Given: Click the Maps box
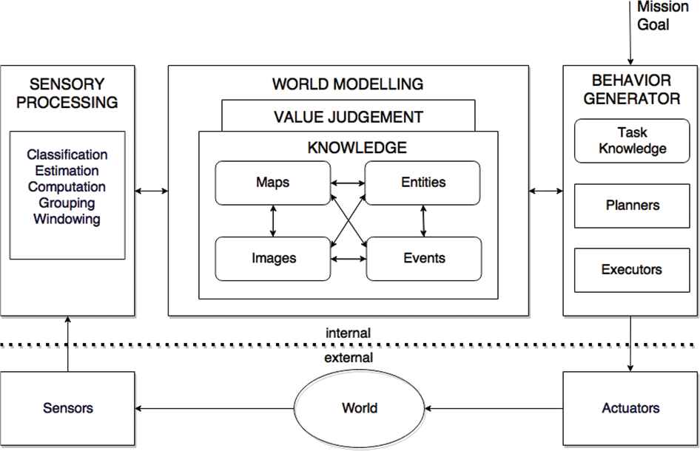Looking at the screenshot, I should [273, 183].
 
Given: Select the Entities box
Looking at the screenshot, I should [423, 183].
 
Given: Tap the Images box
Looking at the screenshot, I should [273, 258].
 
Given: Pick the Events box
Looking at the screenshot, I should [423, 258].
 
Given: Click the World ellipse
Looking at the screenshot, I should [360, 408].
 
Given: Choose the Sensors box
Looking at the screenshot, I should [67, 408].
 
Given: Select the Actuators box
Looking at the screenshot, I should [631, 408].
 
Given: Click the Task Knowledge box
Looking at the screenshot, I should [631, 140].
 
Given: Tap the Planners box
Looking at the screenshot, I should [631, 205].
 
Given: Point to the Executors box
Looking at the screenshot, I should [631, 269].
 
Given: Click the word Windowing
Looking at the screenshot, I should [67, 220].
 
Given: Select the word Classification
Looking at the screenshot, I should [67, 155].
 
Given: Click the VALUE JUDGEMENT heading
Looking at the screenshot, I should [349, 117].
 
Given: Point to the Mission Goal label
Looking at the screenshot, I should [653, 16].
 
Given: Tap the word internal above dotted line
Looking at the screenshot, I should [348, 333].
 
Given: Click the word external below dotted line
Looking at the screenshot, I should [348, 359].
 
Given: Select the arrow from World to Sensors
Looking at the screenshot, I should [215, 408].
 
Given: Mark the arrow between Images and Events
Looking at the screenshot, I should [349, 258].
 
